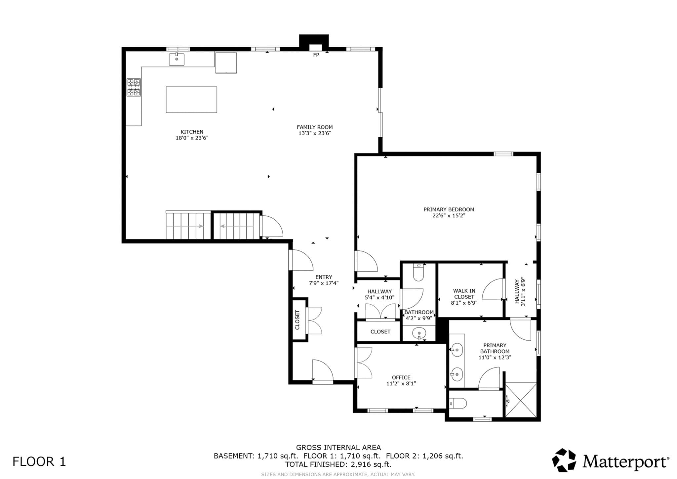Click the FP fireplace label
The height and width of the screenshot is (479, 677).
(x=316, y=55)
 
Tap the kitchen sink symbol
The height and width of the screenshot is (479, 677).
(x=177, y=59)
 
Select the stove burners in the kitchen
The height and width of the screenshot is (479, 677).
(x=134, y=87)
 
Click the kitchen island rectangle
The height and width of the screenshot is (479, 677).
(x=191, y=100)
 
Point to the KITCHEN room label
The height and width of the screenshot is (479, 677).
(x=192, y=132)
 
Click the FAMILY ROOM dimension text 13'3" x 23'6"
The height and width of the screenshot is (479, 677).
(x=315, y=133)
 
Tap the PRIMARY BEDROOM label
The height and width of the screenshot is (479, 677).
(x=449, y=209)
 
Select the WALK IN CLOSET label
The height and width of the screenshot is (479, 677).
(x=464, y=294)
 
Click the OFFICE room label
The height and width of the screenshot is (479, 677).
(x=401, y=377)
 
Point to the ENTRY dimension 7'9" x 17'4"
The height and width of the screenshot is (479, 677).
(x=324, y=283)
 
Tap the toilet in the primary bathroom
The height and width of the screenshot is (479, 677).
(x=458, y=403)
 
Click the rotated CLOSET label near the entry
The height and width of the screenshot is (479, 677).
(x=297, y=320)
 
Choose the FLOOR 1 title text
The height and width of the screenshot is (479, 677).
(x=39, y=461)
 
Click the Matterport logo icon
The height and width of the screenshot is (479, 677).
(x=564, y=460)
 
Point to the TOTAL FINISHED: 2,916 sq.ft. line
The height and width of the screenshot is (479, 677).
(x=338, y=464)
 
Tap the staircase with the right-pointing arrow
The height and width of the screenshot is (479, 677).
(x=188, y=225)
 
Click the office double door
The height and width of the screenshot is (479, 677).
(x=363, y=363)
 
